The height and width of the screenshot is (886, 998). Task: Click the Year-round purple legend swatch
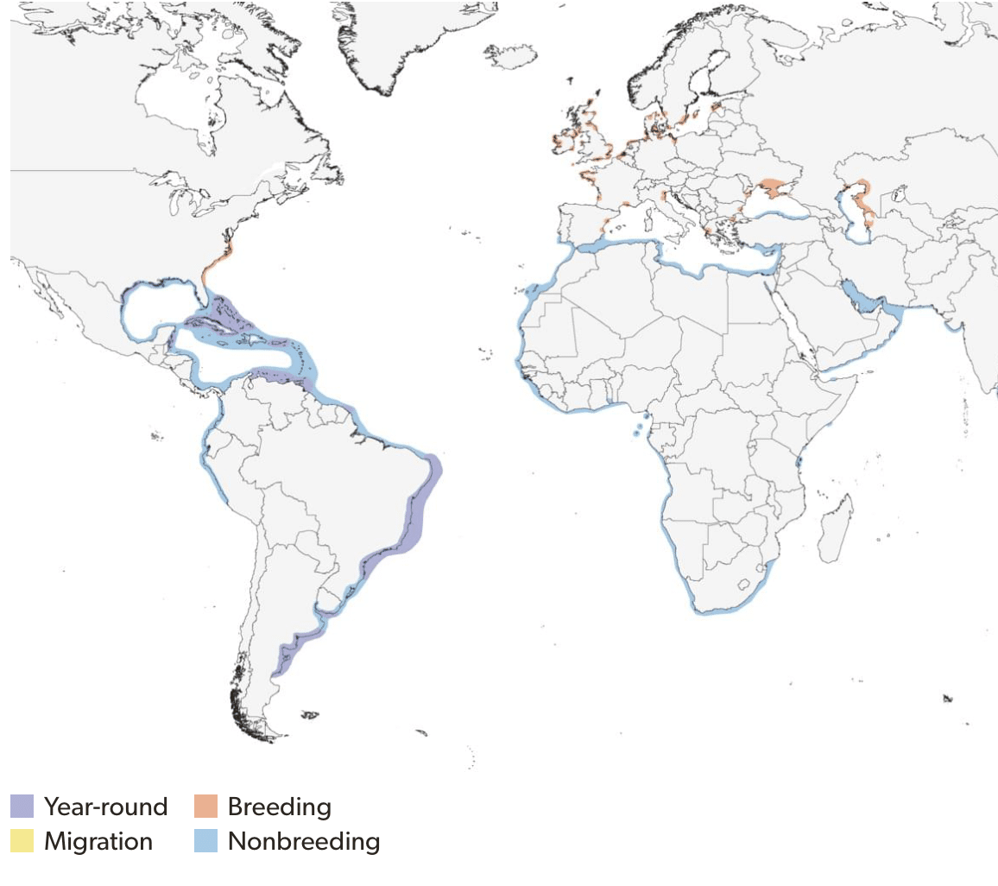(x=22, y=807)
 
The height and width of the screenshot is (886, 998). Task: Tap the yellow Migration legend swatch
(x=22, y=840)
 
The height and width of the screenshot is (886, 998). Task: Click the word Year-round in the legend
(x=105, y=807)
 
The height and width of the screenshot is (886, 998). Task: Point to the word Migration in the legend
(x=98, y=840)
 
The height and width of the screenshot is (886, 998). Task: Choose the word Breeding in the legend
(x=279, y=807)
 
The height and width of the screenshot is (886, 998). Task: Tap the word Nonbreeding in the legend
(x=303, y=840)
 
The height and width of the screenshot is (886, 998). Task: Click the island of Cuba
(x=230, y=324)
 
